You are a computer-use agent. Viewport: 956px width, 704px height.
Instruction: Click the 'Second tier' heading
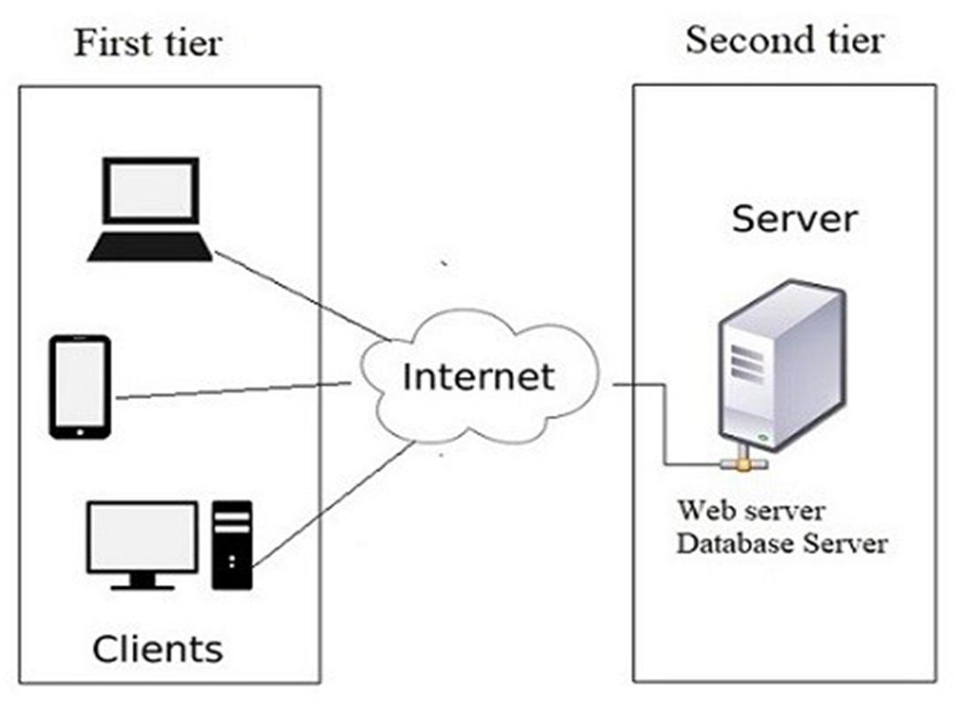click(x=784, y=40)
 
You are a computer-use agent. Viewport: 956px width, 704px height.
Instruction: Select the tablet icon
click(x=80, y=386)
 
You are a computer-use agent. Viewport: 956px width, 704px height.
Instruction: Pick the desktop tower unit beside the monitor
click(x=232, y=544)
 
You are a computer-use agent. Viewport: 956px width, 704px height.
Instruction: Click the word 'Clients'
click(x=157, y=649)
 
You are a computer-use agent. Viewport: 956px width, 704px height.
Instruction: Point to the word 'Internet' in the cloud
click(x=478, y=377)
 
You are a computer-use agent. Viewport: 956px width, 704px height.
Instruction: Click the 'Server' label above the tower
click(x=793, y=218)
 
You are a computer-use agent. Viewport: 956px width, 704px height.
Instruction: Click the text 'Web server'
click(x=751, y=510)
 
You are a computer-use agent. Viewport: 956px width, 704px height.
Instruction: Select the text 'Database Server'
click(x=782, y=542)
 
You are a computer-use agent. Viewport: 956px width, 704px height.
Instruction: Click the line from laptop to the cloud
click(x=300, y=294)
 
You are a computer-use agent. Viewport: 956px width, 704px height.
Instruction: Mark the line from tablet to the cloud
click(x=230, y=390)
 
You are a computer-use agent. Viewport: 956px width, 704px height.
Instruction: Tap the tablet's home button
click(x=80, y=432)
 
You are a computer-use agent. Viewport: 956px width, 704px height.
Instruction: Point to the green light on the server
click(x=762, y=435)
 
